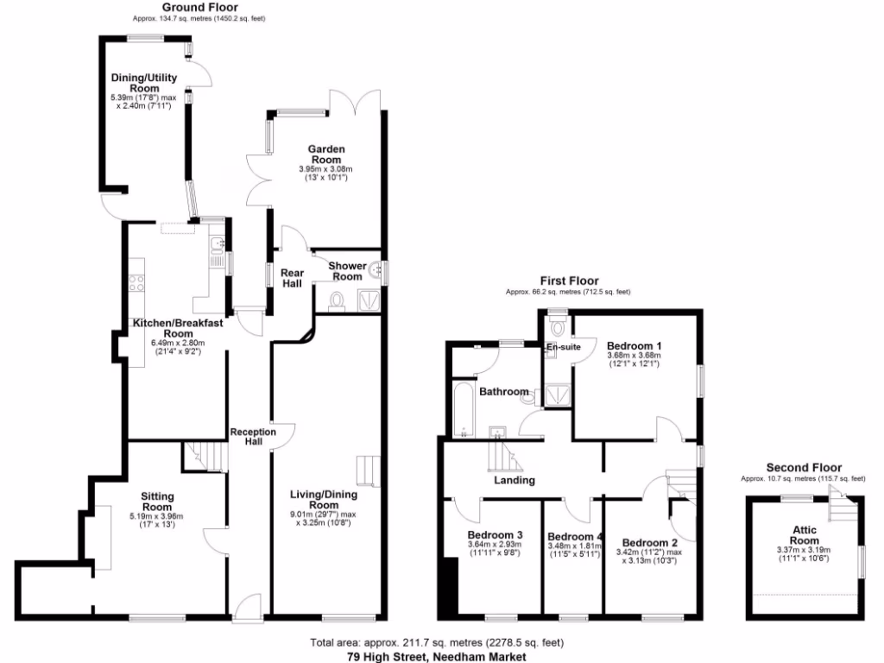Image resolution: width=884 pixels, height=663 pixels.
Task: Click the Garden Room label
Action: pos(326,155)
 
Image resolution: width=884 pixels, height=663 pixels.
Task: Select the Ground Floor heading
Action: pos(187,7)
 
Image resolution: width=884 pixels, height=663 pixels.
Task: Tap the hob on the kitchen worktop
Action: pos(136,282)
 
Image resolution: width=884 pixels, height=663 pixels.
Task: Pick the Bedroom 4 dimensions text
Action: pos(573,550)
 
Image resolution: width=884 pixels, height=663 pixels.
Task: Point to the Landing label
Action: pos(515,480)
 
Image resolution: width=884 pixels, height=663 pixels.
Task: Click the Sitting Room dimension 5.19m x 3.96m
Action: pos(157,516)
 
